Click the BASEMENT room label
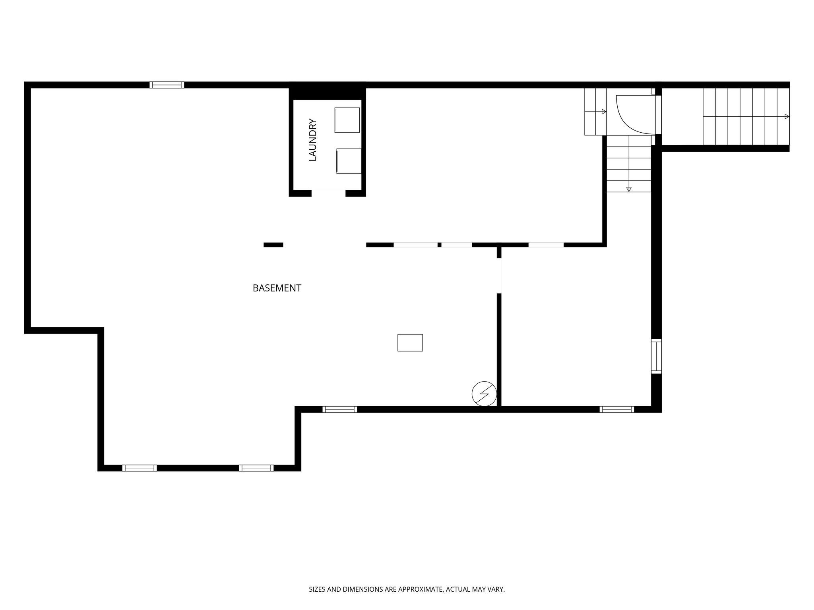(277, 288)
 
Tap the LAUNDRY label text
(313, 140)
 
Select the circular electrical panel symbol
(484, 394)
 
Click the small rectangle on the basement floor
(410, 343)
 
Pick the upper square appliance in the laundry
(347, 120)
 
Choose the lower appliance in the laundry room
(349, 161)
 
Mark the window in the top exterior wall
(167, 85)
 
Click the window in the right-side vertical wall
(656, 356)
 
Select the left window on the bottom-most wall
(140, 468)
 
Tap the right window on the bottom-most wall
(256, 468)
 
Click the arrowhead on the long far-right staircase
(787, 116)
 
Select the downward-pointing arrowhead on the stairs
(629, 189)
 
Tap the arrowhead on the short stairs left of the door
(604, 112)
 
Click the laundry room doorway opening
(328, 193)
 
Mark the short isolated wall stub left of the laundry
(273, 245)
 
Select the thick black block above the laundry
(327, 91)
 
